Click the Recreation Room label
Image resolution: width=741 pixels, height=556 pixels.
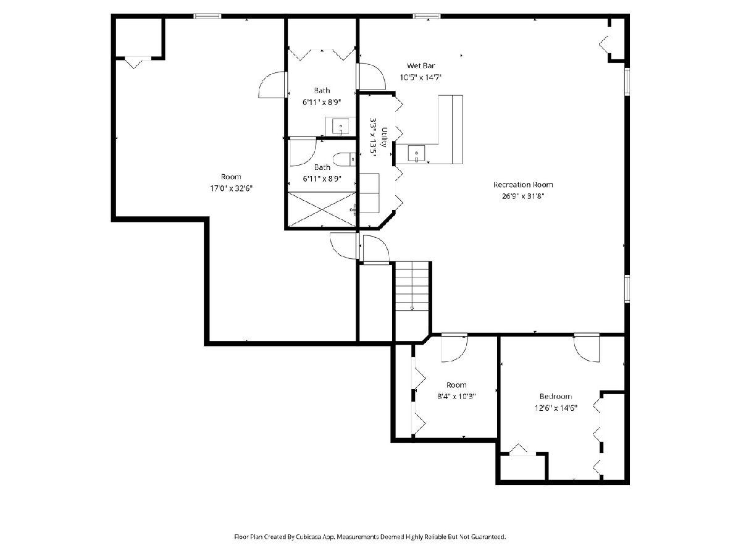point(523,185)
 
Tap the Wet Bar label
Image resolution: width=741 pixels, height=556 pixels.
point(421,66)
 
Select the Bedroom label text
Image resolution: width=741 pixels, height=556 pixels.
point(556,397)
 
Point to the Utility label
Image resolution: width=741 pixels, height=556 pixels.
point(384,137)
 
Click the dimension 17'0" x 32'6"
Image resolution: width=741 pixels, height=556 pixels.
point(231,188)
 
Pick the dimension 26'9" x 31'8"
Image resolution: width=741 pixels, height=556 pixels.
point(523,196)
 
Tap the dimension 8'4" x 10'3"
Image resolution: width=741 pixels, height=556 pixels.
point(456,397)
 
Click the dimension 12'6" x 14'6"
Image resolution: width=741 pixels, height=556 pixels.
point(556,408)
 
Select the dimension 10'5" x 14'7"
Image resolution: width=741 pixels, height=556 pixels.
point(421,77)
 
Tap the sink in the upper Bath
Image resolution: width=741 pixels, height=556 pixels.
point(340,127)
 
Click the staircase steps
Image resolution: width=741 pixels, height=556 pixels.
point(412,286)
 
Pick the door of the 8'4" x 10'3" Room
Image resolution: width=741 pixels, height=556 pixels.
point(454,348)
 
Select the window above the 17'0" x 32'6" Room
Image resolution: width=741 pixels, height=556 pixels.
point(207,16)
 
